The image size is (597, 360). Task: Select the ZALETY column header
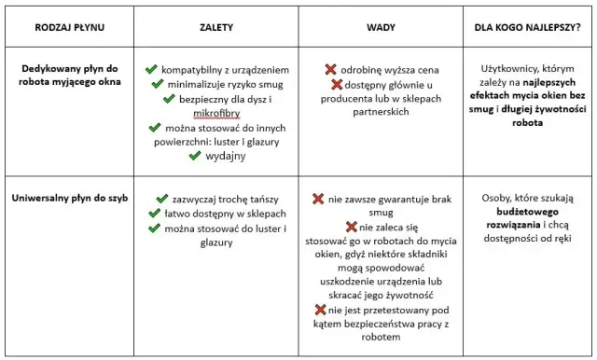[x=216, y=28]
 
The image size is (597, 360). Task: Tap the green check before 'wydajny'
[x=195, y=156]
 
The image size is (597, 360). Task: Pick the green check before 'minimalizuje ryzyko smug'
[x=158, y=84]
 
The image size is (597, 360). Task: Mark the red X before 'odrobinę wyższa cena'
[x=331, y=70]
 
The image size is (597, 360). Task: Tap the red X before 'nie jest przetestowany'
[x=321, y=309]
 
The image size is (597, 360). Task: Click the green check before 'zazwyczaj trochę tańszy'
[x=151, y=199]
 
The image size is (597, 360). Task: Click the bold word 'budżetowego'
[x=528, y=213]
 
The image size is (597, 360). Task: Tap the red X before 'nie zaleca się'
[x=353, y=227]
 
